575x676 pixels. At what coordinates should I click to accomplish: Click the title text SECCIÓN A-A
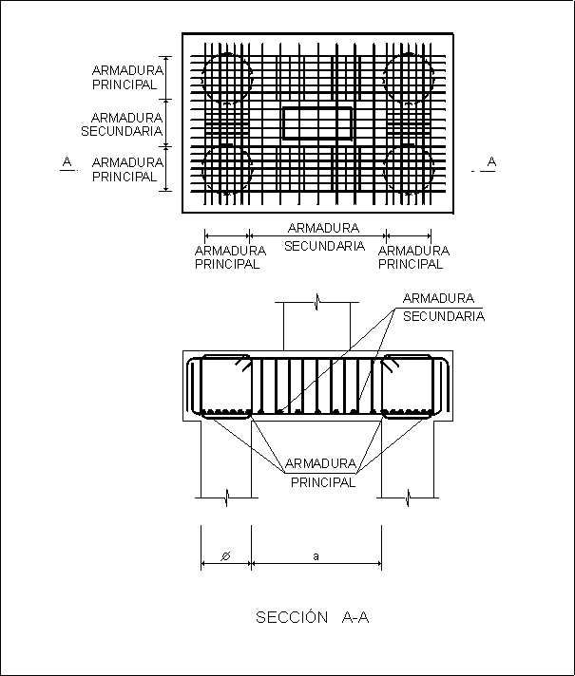point(312,618)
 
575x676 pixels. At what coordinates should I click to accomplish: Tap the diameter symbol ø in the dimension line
point(225,556)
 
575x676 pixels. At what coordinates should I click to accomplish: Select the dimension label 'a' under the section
point(316,556)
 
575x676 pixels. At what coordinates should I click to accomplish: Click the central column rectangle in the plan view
point(317,124)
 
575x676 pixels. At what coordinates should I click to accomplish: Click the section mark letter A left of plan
point(67,162)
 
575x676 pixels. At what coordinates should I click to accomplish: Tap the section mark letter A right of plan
point(490,162)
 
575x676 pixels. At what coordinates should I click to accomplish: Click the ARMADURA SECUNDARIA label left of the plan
point(123,124)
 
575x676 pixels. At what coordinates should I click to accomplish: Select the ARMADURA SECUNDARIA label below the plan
point(323,237)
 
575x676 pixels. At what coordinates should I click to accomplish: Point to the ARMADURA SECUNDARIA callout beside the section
point(443,307)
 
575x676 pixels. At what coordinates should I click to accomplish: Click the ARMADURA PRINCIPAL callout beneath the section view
point(323,473)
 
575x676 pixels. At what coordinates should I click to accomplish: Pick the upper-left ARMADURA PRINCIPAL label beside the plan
point(125,77)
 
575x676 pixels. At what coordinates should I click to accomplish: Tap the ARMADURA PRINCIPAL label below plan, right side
point(413,257)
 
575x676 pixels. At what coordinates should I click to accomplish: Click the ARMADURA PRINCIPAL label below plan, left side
point(227,257)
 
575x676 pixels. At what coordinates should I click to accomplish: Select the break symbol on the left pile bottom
point(226,497)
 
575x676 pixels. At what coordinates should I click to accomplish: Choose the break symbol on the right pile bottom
point(408,497)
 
